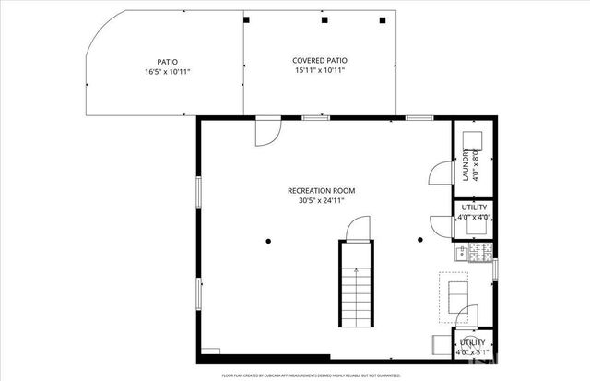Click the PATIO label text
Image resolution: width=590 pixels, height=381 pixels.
tap(168, 61)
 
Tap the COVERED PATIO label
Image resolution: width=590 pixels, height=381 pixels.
tap(320, 60)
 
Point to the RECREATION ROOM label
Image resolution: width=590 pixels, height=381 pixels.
tap(320, 191)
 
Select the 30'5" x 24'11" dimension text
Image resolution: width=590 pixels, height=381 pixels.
tap(320, 200)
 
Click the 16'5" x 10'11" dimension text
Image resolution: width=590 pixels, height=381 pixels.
tap(168, 71)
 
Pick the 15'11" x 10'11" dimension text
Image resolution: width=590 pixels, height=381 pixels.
tap(320, 70)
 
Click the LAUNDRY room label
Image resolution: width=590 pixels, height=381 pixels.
tap(466, 166)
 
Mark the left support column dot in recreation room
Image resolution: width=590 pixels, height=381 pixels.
tap(268, 242)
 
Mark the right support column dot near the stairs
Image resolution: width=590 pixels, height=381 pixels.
tap(419, 241)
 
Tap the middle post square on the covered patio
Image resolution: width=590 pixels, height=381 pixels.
tap(324, 19)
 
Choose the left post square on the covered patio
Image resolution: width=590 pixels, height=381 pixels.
tap(246, 19)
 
